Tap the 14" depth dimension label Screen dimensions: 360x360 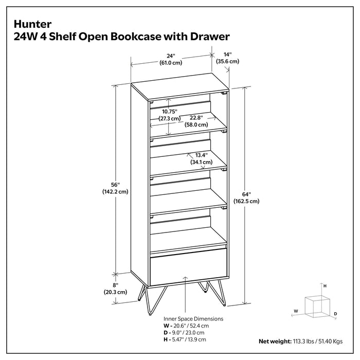[x=227, y=54]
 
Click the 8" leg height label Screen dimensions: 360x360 [x=115, y=284]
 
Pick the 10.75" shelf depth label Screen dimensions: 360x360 [x=169, y=111]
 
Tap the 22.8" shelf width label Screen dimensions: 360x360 [x=194, y=118]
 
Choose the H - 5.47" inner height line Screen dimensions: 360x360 [x=186, y=340]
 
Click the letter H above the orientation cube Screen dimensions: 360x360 [x=325, y=284]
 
